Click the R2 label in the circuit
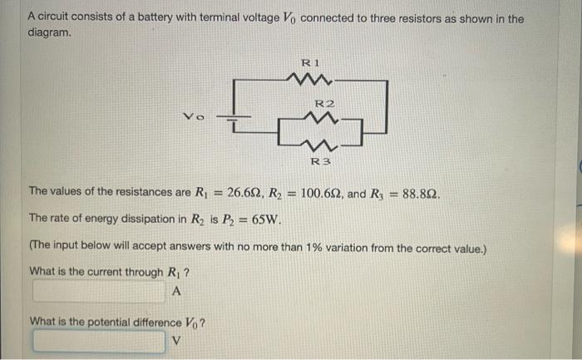[x=324, y=103]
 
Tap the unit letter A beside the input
[x=175, y=291]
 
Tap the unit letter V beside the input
[x=175, y=341]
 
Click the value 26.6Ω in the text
[x=249, y=192]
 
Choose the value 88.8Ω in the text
[x=419, y=192]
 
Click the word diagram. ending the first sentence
[x=50, y=34]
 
